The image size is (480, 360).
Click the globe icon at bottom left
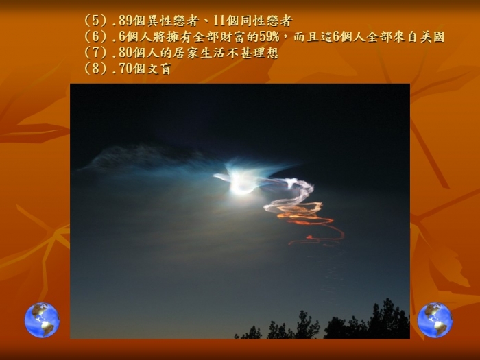(42, 320)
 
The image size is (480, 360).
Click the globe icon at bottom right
(435, 320)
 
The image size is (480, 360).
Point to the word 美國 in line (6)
(432, 37)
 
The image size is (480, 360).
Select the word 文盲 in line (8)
(159, 69)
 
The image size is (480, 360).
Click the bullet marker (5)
(96, 21)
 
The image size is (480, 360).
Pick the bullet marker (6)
(96, 37)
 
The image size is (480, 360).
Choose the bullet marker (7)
(96, 53)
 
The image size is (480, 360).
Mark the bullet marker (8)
(96, 69)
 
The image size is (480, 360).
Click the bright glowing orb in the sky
(241, 183)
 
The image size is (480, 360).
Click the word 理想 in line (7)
(266, 53)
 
